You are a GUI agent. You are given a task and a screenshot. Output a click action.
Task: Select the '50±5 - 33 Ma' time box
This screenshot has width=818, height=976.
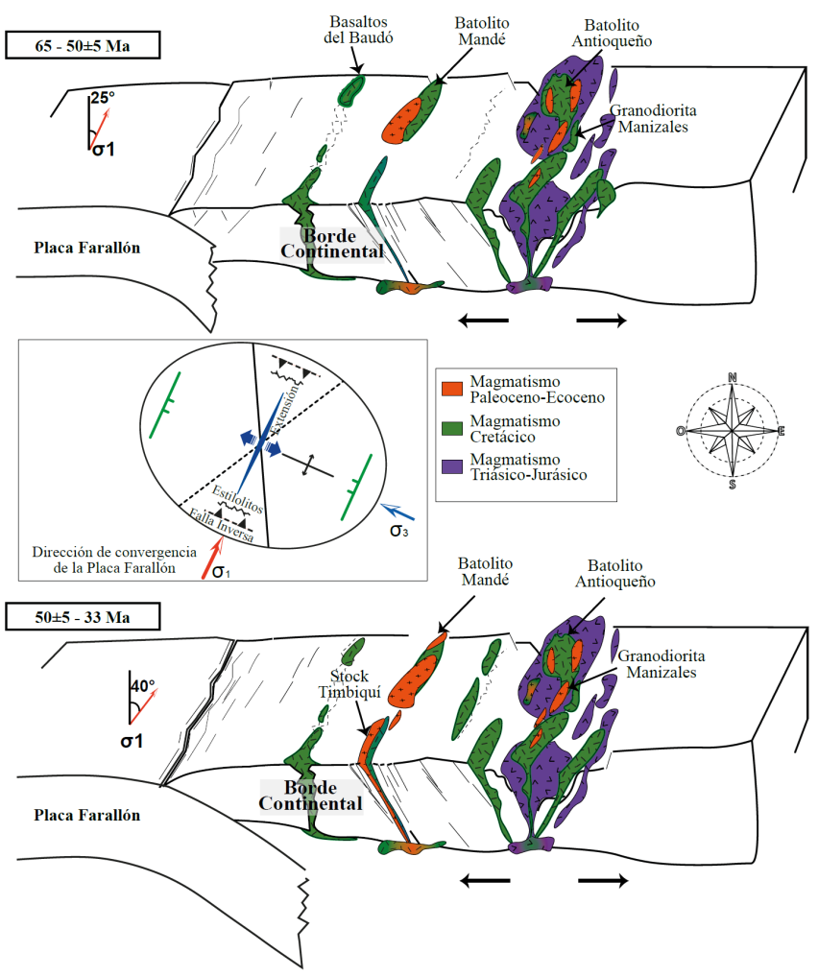[x=82, y=615]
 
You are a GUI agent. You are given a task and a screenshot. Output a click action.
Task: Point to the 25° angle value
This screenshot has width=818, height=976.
[x=103, y=97]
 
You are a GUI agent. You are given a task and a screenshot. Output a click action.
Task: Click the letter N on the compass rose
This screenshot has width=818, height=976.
[x=733, y=377]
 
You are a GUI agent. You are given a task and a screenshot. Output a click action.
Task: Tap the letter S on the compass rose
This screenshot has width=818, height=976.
[x=733, y=485]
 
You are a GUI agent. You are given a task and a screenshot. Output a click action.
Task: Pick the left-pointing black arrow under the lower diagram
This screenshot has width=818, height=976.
[x=485, y=879]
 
